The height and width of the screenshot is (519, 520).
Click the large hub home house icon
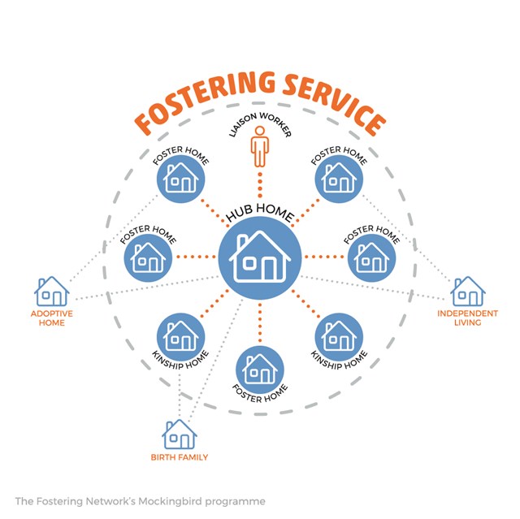tap(260, 257)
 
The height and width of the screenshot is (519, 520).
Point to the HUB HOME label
tap(260, 212)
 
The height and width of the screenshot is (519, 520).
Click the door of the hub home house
tap(270, 266)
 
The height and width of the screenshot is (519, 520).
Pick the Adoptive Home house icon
tap(52, 291)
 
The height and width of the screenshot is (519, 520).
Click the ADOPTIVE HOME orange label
tap(52, 318)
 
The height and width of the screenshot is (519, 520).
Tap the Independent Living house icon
tap(468, 291)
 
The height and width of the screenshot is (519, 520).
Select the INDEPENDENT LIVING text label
tap(468, 318)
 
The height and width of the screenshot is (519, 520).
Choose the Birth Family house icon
tap(179, 435)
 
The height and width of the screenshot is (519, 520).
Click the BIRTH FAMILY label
tap(179, 457)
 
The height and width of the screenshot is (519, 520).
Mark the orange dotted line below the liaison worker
tap(260, 184)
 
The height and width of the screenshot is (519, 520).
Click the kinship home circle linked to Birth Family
tap(179, 333)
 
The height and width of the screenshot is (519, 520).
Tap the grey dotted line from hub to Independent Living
tap(374, 285)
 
